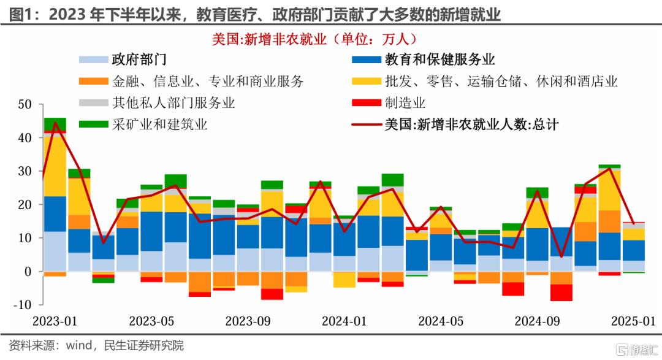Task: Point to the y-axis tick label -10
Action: pyautogui.click(x=22, y=305)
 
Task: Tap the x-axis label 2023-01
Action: pyautogui.click(x=55, y=320)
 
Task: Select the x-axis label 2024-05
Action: pyautogui.click(x=441, y=320)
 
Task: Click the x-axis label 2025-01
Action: pyautogui.click(x=634, y=320)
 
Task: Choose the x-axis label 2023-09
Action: pyautogui.click(x=248, y=320)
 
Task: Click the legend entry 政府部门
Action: pyautogui.click(x=139, y=59)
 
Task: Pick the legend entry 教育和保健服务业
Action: pyautogui.click(x=439, y=59)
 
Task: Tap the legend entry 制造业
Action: pyautogui.click(x=405, y=102)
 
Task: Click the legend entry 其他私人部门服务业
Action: pyautogui.click(x=173, y=102)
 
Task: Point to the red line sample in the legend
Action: pyautogui.click(x=366, y=124)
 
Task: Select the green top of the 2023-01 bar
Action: pyautogui.click(x=55, y=124)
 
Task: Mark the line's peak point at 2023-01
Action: pyautogui.click(x=56, y=123)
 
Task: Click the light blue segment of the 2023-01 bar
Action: pyautogui.click(x=55, y=251)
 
